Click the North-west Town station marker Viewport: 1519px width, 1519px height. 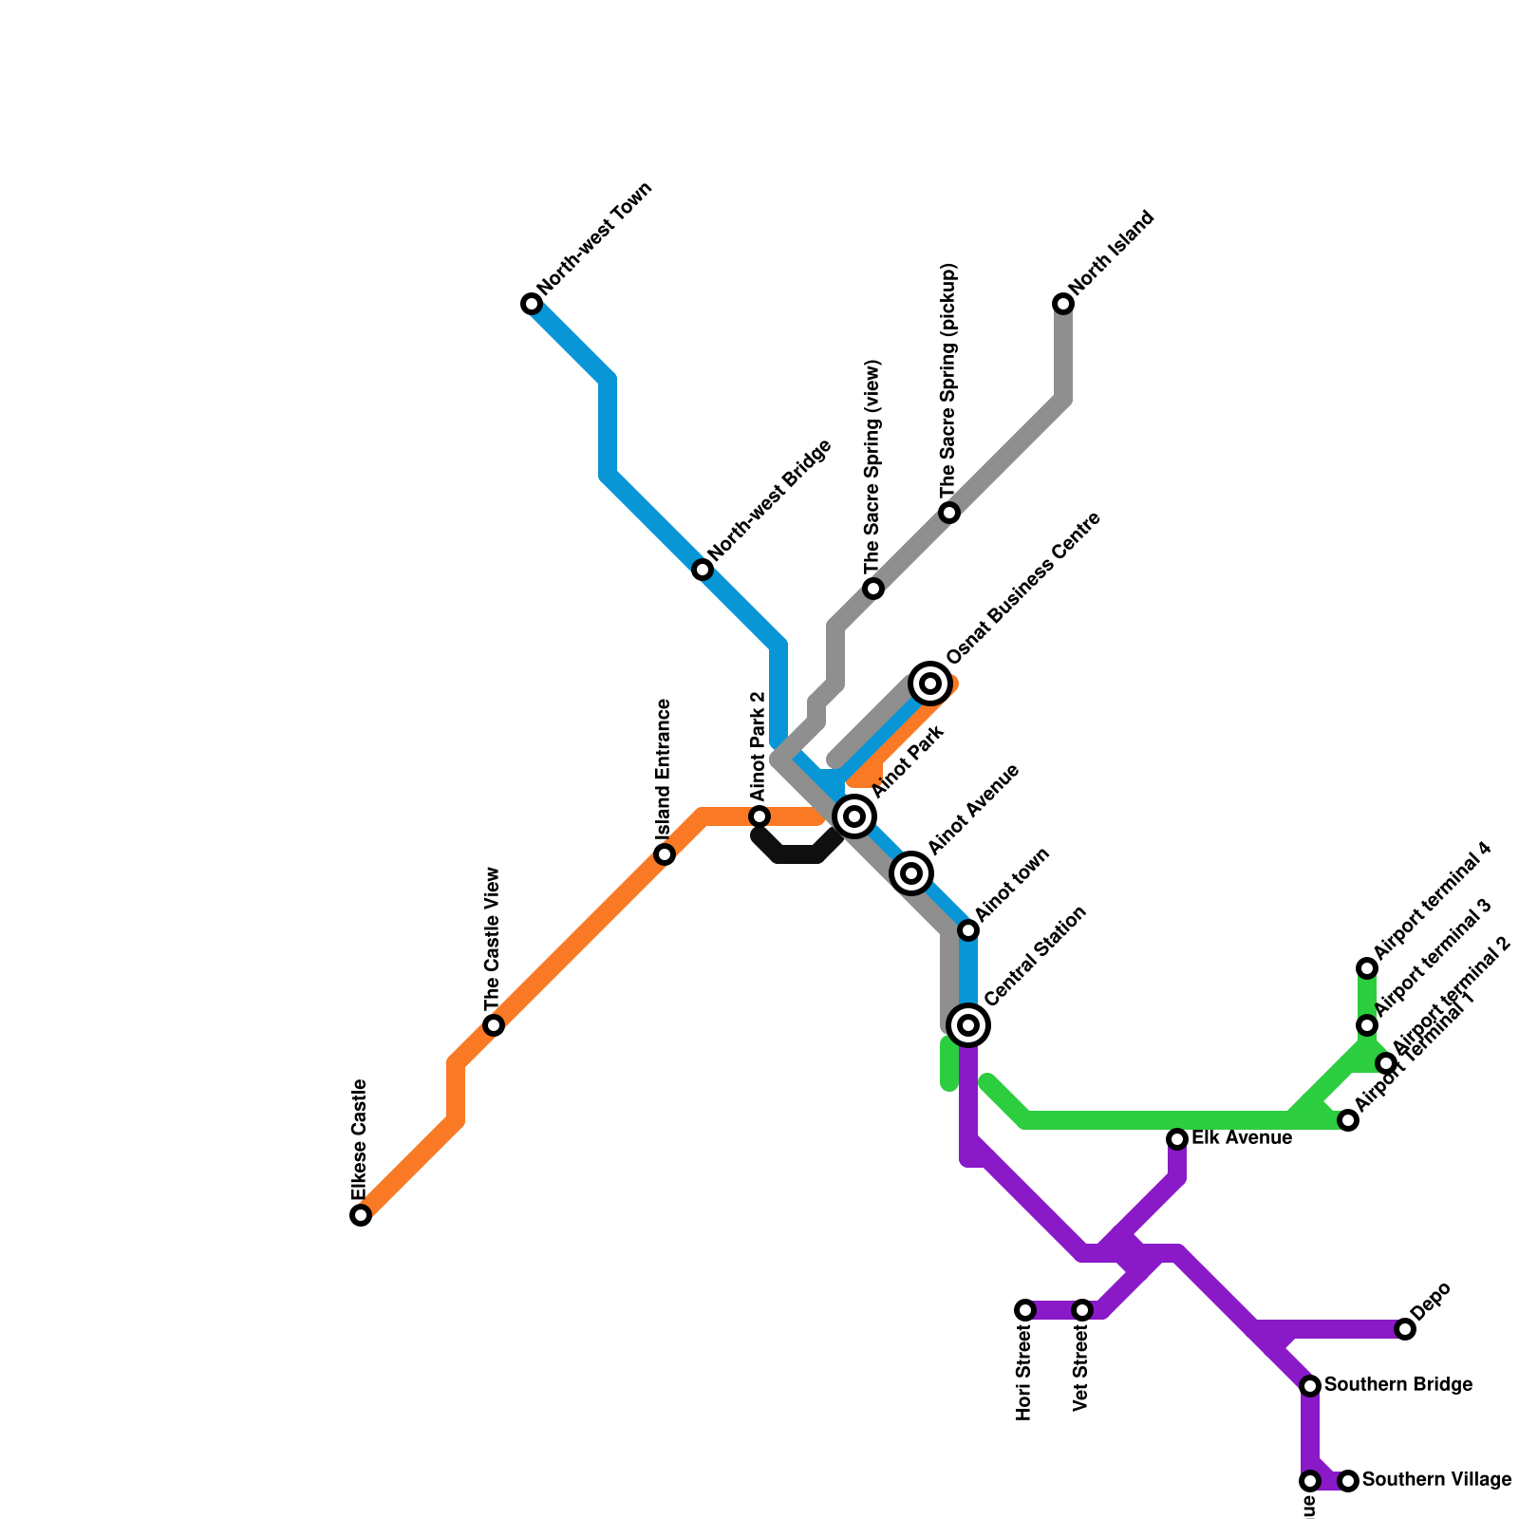tap(532, 304)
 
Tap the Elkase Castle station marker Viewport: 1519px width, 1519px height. tap(361, 1215)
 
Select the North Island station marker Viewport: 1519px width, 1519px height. tap(1063, 304)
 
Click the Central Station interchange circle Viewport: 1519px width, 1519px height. tap(968, 1025)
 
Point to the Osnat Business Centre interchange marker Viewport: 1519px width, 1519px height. tap(930, 684)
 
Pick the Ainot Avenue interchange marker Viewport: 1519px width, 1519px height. tap(911, 872)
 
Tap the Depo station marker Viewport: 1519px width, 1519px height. tap(1405, 1329)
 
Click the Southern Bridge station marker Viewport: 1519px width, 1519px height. tap(1310, 1386)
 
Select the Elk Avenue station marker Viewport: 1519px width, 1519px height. tap(1177, 1139)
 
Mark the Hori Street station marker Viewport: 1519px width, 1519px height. tap(1025, 1310)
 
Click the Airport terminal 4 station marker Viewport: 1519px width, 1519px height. tap(1367, 968)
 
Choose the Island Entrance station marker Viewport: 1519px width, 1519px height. tap(665, 854)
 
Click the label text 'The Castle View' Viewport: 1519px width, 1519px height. tap(492, 940)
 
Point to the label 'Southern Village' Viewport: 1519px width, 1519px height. tap(1436, 1480)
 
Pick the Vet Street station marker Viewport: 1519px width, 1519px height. tap(1082, 1310)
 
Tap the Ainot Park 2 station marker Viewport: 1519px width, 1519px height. tap(759, 816)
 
